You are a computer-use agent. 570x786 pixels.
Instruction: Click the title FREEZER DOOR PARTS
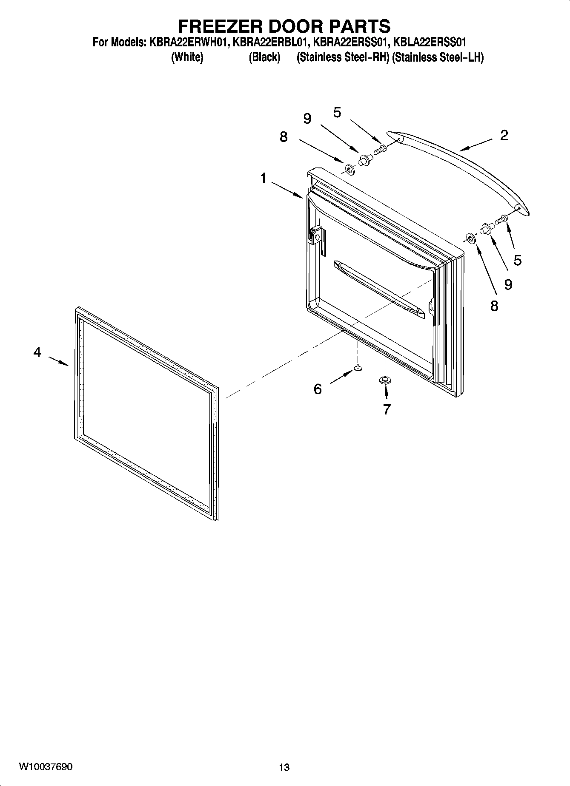[x=284, y=26]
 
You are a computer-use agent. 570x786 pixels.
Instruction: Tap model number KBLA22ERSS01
[x=430, y=43]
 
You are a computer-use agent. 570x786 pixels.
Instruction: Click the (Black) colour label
[x=264, y=57]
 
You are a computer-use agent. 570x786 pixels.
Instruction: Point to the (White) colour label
[x=187, y=57]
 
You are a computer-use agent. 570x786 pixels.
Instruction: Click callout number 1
[x=264, y=178]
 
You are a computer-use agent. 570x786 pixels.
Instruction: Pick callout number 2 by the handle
[x=504, y=135]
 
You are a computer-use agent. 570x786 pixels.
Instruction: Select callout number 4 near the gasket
[x=37, y=352]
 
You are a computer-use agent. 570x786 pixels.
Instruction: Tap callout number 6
[x=318, y=389]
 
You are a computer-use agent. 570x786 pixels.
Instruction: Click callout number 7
[x=387, y=409]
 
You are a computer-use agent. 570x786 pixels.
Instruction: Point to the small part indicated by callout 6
[x=358, y=368]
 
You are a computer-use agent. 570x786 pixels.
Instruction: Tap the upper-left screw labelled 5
[x=380, y=149]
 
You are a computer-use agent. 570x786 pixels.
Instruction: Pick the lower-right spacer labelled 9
[x=486, y=228]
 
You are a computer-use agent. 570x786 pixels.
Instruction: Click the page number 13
[x=284, y=767]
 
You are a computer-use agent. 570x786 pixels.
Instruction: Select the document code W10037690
[x=46, y=766]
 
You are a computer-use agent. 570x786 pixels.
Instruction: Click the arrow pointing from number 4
[x=59, y=361]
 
